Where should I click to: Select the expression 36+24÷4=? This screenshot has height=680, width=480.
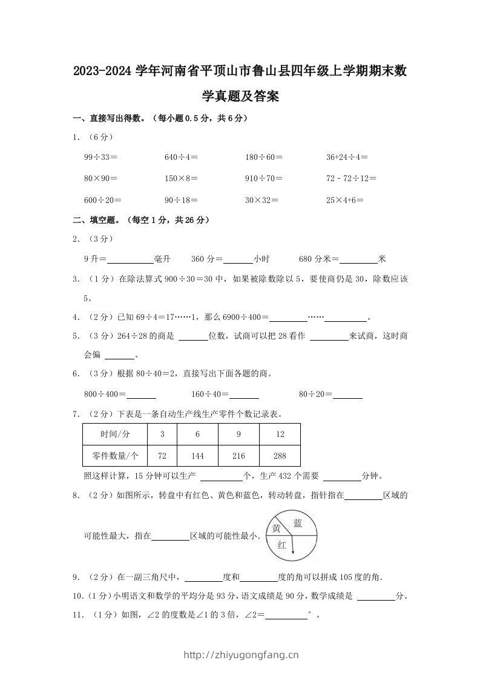coord(347,157)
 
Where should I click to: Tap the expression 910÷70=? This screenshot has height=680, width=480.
coord(264,178)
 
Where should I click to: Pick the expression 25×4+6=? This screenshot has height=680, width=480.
coord(344,199)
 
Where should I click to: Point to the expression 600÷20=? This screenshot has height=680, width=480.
coord(103,199)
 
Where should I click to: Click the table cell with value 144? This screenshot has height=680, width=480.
coord(197,455)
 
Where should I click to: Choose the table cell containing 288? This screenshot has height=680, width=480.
coord(280,455)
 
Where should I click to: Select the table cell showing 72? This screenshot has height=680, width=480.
coord(162,455)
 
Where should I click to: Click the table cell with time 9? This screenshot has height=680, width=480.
coord(238,435)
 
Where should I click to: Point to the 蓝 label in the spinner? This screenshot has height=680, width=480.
coord(297,523)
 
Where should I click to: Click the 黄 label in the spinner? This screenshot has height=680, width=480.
coord(276,528)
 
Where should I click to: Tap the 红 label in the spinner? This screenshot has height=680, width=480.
coord(282,545)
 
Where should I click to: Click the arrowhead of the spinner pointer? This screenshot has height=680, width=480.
coord(293,551)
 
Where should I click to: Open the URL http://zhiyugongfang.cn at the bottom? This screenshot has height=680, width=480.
coord(240,655)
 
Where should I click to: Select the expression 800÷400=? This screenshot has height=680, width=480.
coord(105,395)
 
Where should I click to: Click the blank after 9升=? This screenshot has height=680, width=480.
coord(130,259)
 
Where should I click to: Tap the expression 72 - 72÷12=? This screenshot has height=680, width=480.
coord(351,178)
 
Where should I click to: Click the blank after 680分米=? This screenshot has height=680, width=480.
coord(358,259)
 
